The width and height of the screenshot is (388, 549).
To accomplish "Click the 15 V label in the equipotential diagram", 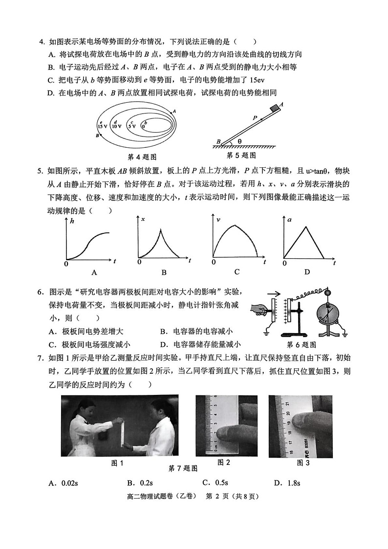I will (102, 126).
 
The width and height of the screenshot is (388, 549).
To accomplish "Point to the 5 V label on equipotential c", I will (131, 126).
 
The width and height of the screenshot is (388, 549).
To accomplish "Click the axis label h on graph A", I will (72, 221).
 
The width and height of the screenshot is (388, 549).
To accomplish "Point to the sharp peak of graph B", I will (161, 229).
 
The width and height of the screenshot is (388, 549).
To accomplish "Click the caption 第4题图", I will (141, 157).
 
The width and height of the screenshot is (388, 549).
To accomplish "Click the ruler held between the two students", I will (122, 431).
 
